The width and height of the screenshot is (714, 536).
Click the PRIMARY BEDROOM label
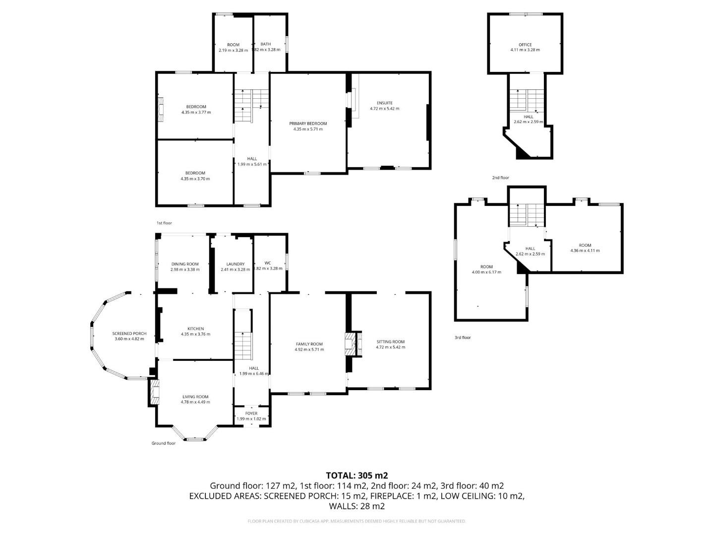[308, 124]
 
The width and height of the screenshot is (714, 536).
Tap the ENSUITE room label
[384, 103]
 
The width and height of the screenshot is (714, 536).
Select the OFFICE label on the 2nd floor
[525, 45]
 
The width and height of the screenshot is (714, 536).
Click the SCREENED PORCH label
[129, 334]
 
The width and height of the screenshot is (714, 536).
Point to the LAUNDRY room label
[236, 264]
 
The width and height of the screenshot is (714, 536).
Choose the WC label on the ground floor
[268, 263]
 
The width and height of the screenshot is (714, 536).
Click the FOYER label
[251, 413]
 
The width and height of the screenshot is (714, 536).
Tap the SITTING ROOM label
[390, 341]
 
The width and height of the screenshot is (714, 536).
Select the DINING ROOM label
[185, 264]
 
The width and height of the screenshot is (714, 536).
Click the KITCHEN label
[195, 329]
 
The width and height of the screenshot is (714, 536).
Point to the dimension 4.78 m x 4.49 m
[195, 402]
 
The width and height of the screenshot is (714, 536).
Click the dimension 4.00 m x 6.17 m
[486, 272]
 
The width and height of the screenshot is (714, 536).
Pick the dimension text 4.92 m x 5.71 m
[309, 349]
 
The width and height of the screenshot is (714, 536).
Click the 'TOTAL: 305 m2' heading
[357, 475]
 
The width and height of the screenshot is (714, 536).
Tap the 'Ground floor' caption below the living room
[164, 443]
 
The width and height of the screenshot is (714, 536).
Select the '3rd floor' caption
[463, 337]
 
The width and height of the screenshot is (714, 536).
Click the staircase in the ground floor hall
[243, 342]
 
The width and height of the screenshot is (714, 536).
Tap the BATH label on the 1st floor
[266, 44]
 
